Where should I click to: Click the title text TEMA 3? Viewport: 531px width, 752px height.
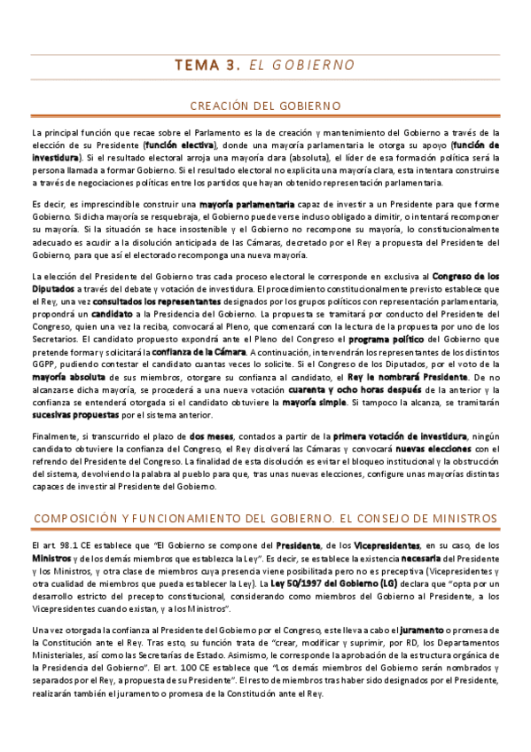[x=207, y=66]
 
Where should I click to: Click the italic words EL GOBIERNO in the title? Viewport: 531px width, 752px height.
[x=302, y=66]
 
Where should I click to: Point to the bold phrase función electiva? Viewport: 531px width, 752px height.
[x=180, y=144]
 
